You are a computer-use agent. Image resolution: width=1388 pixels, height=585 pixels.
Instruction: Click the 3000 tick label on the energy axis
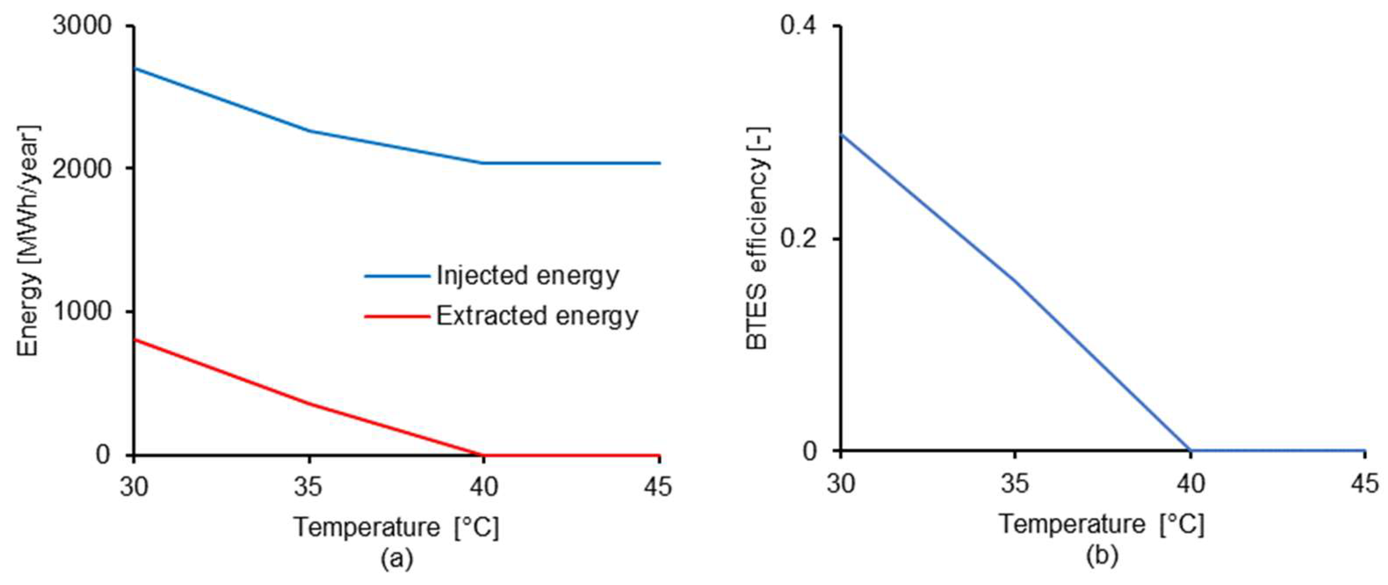point(82,26)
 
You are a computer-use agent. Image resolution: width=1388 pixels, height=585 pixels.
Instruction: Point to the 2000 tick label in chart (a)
point(82,168)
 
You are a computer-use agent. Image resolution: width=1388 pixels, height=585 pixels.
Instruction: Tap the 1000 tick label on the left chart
point(82,311)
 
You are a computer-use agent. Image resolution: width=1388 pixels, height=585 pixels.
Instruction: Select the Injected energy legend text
point(528,276)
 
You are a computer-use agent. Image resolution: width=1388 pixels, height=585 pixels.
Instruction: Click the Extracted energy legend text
point(537,316)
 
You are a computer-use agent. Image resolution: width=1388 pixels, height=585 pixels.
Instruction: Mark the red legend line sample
point(397,316)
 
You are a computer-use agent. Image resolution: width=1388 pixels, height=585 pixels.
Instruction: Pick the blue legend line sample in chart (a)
point(397,276)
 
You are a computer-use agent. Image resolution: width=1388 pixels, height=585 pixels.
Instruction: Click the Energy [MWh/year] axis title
point(28,240)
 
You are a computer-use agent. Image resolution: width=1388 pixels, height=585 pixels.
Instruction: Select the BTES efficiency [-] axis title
point(758,238)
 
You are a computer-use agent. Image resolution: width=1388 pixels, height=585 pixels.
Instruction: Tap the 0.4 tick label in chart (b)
point(799,26)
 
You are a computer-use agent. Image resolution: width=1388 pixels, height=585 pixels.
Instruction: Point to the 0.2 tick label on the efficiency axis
point(799,238)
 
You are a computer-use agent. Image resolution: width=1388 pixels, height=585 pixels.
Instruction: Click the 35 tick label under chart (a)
point(308,487)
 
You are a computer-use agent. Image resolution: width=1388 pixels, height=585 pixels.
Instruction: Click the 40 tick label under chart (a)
point(483,487)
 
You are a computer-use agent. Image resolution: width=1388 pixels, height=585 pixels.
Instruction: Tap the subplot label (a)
point(397,559)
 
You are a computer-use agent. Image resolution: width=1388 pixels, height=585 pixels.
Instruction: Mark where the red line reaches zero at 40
point(483,454)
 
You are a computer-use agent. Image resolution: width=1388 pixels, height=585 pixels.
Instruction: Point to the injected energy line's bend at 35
point(309,131)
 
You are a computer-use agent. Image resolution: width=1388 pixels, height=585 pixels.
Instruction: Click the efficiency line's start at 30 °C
point(841,134)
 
